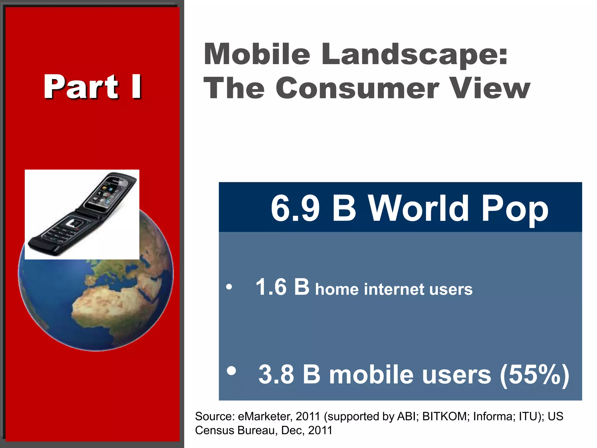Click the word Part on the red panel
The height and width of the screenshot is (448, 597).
(81, 87)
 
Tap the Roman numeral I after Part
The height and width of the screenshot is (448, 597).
(136, 87)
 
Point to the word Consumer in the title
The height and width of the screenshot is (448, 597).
(357, 88)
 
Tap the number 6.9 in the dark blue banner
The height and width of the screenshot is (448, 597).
(295, 208)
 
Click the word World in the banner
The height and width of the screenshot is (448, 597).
(418, 208)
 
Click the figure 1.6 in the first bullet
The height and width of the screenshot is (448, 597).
(271, 287)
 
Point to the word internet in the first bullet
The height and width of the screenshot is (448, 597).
(394, 290)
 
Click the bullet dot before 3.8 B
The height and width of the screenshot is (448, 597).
(231, 371)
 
